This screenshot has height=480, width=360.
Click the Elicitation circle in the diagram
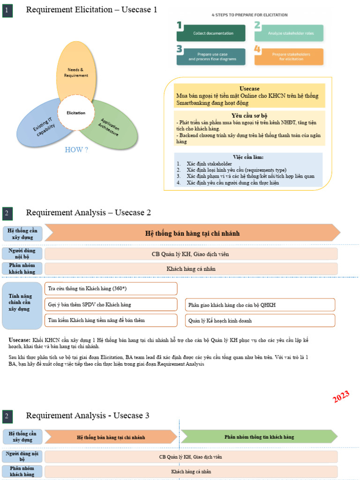(x=76, y=113)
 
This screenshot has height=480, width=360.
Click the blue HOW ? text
(x=76, y=150)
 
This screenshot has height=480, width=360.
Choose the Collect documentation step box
(x=211, y=33)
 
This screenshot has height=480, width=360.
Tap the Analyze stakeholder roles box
(x=289, y=33)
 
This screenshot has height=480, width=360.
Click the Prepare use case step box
(x=211, y=56)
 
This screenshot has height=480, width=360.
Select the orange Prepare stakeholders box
(x=290, y=56)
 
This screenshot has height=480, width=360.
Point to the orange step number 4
(x=257, y=49)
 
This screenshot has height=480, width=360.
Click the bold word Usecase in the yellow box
(x=249, y=89)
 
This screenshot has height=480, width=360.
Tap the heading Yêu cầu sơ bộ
(x=249, y=115)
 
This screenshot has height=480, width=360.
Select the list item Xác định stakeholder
(x=209, y=164)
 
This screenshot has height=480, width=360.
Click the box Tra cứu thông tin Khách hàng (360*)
(x=111, y=288)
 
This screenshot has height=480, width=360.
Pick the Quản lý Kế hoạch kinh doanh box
(x=260, y=321)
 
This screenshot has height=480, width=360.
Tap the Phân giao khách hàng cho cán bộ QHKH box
(x=260, y=305)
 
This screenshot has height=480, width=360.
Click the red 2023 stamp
(x=341, y=397)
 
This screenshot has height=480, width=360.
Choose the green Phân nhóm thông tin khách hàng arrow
(x=259, y=437)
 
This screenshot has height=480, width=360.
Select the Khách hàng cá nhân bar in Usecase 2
(x=191, y=269)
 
